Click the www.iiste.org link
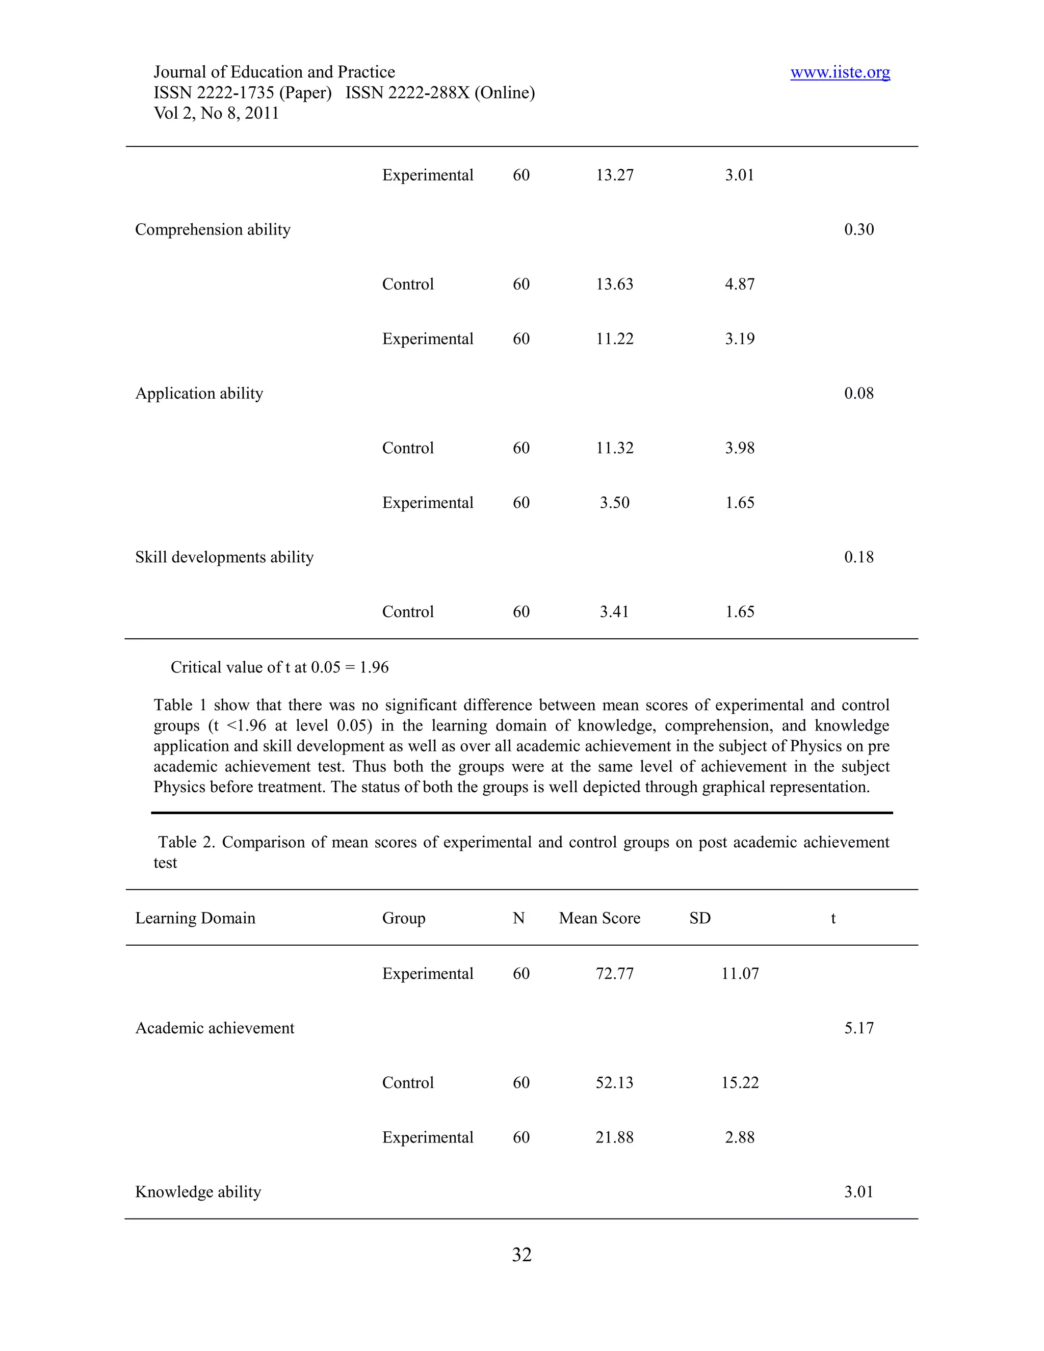tap(840, 72)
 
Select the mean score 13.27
tap(614, 175)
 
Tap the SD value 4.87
tap(740, 284)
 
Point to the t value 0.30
tap(858, 229)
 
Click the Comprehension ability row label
tap(213, 229)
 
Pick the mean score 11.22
tap(614, 339)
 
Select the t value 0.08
tap(858, 394)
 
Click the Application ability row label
tap(199, 394)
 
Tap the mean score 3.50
tap(614, 502)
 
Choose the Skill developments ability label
tap(224, 557)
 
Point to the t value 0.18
tap(858, 557)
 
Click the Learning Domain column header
tap(195, 918)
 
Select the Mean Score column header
tap(599, 918)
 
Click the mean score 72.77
tap(614, 974)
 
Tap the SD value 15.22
tap(740, 1082)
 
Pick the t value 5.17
tap(858, 1028)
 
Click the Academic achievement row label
tap(215, 1028)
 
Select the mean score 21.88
tap(614, 1137)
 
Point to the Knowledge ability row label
tap(198, 1192)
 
